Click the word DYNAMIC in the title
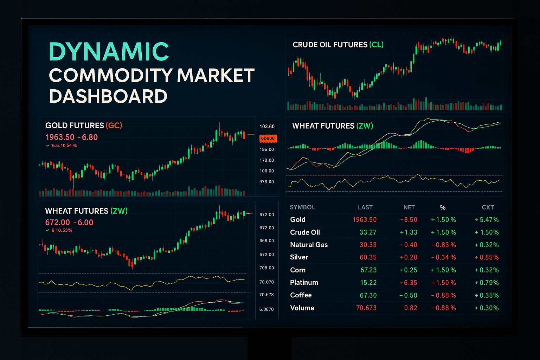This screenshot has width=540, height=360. [x=109, y=51]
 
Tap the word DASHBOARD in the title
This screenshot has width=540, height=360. [x=108, y=96]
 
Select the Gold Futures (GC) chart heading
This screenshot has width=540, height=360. [x=84, y=126]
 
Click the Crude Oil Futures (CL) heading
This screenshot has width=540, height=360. [x=338, y=45]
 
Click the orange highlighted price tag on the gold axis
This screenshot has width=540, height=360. [x=268, y=139]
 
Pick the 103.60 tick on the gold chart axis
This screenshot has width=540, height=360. [x=267, y=127]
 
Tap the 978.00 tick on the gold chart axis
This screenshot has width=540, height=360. [x=266, y=182]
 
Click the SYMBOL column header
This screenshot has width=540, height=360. [x=302, y=207]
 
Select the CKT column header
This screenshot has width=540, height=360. [x=488, y=207]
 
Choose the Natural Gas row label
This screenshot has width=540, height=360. [x=309, y=245]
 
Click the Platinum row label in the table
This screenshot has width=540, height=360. [x=304, y=283]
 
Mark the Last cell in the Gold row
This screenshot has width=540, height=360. [x=365, y=220]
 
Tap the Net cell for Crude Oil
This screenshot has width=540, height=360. [x=409, y=232]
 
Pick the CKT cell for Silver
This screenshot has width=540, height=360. [x=487, y=257]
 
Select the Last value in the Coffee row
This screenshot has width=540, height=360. [x=368, y=295]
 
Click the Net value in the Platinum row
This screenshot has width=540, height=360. [x=409, y=283]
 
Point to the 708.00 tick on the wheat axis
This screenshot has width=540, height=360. [x=266, y=268]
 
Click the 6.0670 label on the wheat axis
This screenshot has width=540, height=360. [x=266, y=309]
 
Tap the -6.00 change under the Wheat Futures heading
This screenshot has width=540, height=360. [x=83, y=223]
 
